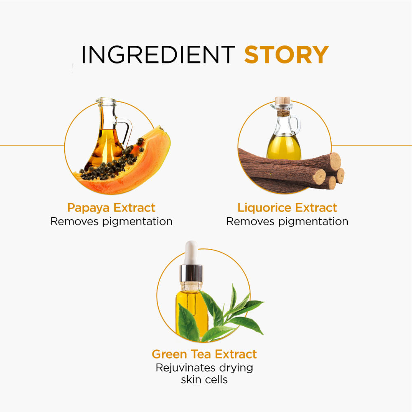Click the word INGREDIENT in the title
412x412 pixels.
[158, 54]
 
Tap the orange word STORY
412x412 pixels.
[286, 54]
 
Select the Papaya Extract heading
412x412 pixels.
[111, 208]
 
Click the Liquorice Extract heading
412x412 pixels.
[287, 208]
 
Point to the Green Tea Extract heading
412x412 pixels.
[204, 354]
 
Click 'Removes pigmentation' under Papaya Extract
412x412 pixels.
[111, 222]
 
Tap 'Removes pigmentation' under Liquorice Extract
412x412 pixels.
[287, 222]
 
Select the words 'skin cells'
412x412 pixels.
[204, 380]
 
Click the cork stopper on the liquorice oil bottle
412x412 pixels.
[283, 100]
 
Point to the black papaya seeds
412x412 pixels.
[113, 163]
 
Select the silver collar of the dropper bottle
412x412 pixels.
[191, 273]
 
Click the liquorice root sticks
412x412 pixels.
[291, 171]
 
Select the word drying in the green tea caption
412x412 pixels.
[236, 368]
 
